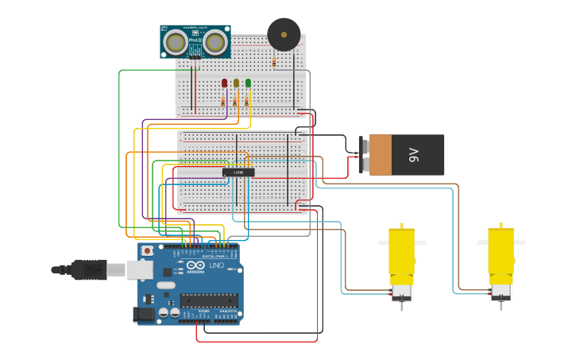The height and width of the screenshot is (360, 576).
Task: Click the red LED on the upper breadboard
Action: tap(224, 83)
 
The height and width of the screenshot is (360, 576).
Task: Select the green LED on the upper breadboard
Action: tap(248, 83)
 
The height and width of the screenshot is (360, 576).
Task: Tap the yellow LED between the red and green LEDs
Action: tap(236, 83)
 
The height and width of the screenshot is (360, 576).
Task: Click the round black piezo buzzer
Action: tap(284, 34)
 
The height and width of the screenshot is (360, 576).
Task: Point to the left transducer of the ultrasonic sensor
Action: tap(175, 41)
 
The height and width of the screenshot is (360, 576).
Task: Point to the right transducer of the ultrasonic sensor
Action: tap(215, 41)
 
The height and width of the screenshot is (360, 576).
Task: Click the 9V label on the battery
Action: tap(414, 155)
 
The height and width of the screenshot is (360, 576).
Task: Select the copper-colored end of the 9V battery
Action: tap(381, 155)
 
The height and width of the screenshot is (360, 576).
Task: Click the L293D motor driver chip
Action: tap(238, 172)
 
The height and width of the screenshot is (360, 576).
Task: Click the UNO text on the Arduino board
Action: tap(216, 265)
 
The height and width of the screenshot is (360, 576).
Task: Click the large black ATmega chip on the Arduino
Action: tap(208, 300)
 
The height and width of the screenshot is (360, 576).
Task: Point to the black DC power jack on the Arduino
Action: tap(144, 314)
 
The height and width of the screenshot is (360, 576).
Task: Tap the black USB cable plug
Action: tap(89, 270)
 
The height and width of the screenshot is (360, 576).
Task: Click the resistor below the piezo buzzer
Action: tap(274, 61)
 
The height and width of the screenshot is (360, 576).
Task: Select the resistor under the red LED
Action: tap(223, 101)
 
